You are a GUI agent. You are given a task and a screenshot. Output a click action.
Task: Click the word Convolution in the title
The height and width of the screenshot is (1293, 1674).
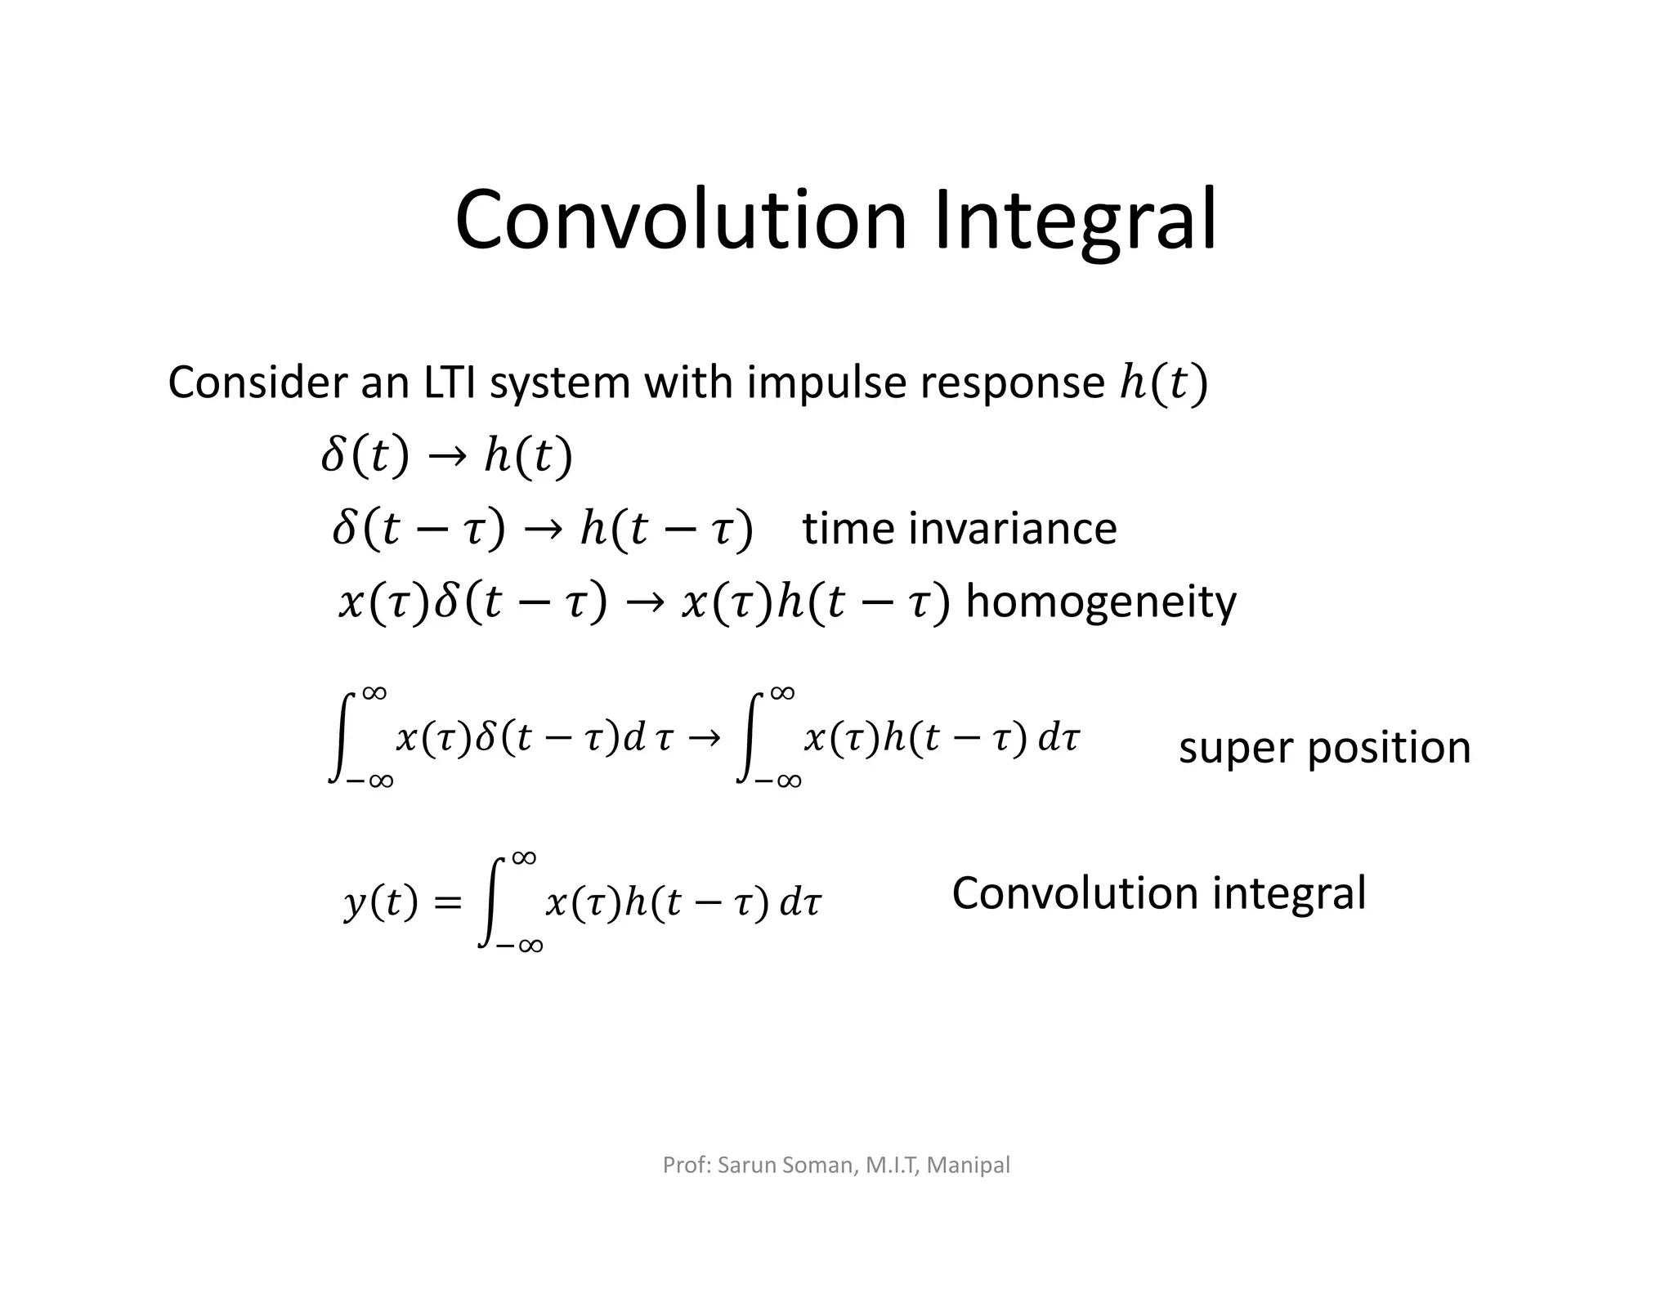click(681, 221)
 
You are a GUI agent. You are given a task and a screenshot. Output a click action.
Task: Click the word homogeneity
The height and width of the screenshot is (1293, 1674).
click(1101, 602)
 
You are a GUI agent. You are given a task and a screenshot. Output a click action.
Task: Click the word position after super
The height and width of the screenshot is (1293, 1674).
click(1390, 748)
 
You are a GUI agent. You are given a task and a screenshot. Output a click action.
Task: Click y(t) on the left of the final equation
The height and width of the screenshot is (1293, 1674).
click(381, 902)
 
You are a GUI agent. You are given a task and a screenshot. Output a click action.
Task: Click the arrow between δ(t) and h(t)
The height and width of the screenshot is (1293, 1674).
click(446, 456)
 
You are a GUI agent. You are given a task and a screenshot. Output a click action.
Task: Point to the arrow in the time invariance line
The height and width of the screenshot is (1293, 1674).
click(543, 529)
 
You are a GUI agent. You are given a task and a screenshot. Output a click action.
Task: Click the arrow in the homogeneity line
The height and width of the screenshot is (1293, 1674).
click(644, 603)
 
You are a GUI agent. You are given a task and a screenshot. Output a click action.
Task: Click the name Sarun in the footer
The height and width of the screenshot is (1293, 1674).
click(747, 1165)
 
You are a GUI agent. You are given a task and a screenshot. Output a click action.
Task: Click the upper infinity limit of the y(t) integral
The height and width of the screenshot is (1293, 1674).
click(524, 857)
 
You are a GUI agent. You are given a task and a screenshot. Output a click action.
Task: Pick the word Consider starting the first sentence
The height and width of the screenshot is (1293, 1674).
click(257, 383)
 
